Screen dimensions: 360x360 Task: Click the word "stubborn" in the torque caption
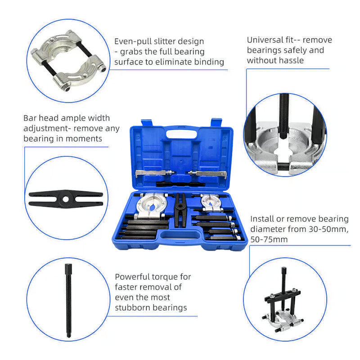[133, 308]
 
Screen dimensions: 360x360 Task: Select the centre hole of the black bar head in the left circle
[65, 198]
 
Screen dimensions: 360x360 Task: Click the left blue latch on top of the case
[146, 123]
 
